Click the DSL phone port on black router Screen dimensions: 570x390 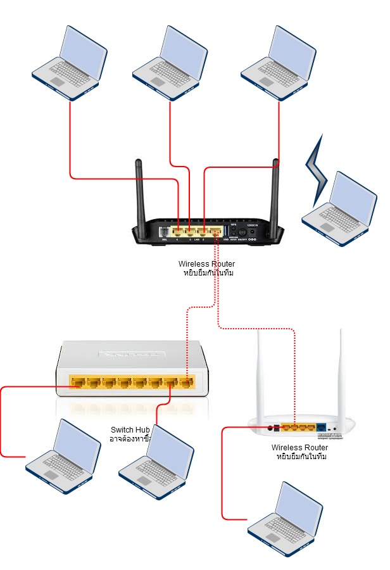(165, 232)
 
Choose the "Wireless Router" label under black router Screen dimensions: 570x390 (206, 263)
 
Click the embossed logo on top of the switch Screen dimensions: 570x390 (132, 353)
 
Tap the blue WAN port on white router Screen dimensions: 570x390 (322, 428)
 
